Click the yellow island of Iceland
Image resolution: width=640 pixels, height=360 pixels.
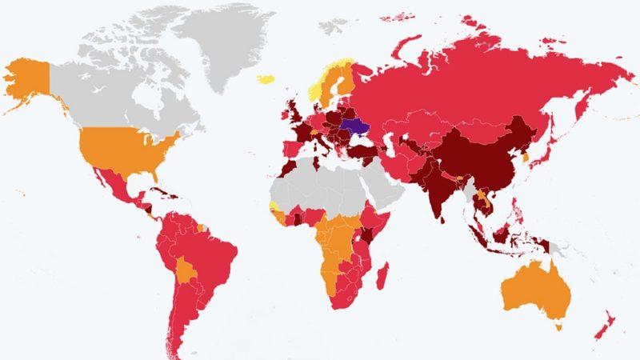266,79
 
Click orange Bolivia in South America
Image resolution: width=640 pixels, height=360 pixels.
189,268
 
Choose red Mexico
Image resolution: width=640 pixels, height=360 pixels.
112,188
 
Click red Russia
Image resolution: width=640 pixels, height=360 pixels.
480,80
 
